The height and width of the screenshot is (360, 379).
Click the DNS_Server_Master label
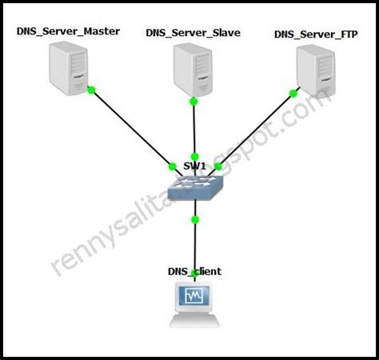tap(68, 31)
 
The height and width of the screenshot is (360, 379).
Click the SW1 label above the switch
tap(194, 166)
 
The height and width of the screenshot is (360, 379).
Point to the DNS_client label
tap(195, 272)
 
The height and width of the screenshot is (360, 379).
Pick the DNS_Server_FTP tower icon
tap(314, 70)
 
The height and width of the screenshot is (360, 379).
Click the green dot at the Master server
tap(92, 90)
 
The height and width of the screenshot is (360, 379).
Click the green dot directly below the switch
tap(194, 218)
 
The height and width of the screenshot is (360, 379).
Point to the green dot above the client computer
tap(194, 274)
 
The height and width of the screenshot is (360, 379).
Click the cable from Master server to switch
tap(132, 128)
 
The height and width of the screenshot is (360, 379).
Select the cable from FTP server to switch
tap(254, 132)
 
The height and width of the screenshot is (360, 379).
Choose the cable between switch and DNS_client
tap(194, 244)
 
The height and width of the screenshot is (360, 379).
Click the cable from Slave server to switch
tap(193, 132)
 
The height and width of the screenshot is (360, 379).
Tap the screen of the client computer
tap(195, 299)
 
